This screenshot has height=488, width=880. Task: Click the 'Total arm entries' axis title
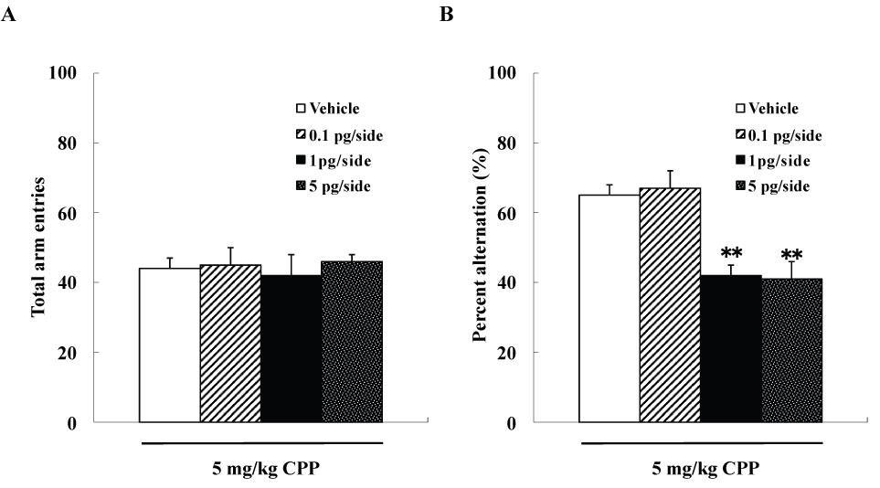38,248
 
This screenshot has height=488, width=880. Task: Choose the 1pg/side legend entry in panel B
770,160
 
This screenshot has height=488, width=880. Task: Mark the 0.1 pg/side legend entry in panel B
778,135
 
